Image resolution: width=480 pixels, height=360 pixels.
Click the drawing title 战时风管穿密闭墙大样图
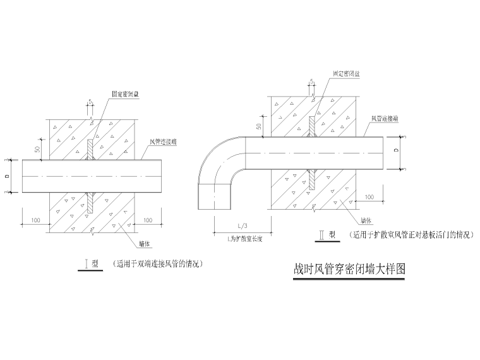coord(349,268)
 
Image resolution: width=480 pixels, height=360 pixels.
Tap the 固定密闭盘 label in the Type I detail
coord(126,93)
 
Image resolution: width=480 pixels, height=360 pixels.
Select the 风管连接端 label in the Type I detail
coord(163,142)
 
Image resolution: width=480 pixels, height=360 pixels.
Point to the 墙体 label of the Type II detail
coord(366,221)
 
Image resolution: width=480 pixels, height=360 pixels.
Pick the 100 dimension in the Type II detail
coord(369,197)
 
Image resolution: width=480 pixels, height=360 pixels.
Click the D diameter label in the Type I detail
coord(9,176)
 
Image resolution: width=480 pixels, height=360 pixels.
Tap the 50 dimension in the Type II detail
coord(258,126)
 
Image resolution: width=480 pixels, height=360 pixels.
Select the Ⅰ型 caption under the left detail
coord(92,264)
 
